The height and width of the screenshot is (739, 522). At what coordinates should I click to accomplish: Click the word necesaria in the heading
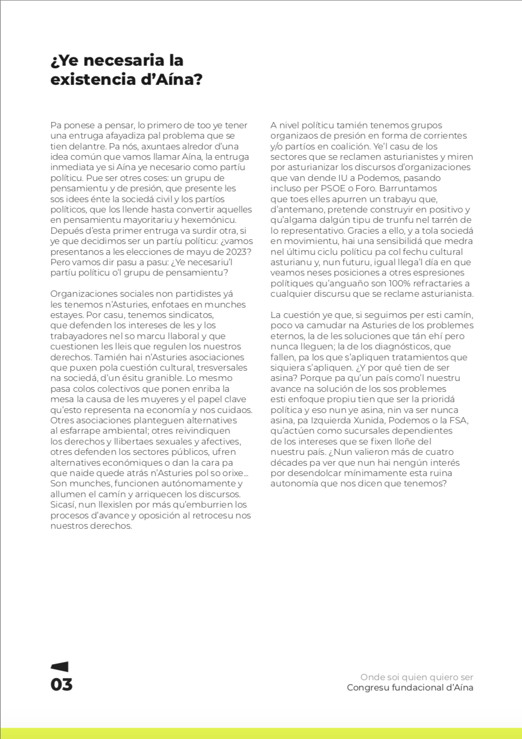(x=124, y=60)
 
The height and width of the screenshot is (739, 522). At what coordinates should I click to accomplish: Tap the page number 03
(x=62, y=685)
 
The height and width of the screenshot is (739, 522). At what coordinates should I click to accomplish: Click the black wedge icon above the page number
(x=60, y=667)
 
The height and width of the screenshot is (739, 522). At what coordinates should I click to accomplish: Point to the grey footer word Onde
(x=372, y=677)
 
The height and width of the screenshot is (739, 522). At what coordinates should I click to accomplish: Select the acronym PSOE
(x=333, y=188)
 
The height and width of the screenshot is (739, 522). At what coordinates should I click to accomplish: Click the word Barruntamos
(x=408, y=188)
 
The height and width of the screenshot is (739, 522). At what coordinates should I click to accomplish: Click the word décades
(x=287, y=463)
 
